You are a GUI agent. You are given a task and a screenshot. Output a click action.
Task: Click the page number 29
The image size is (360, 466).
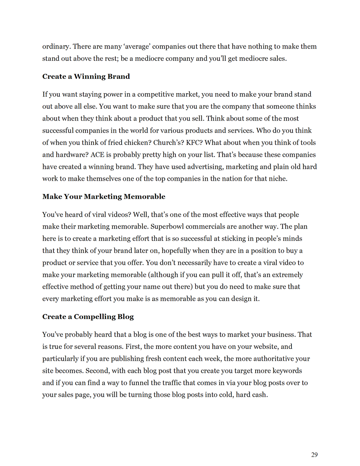(x=314, y=455)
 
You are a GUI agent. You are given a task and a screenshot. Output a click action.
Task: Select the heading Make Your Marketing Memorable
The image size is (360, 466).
(x=104, y=197)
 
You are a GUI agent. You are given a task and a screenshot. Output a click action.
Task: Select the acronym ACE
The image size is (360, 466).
(x=97, y=155)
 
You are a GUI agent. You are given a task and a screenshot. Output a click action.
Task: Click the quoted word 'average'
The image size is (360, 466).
(x=133, y=46)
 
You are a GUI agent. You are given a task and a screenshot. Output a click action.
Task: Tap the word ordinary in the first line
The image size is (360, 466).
(x=55, y=46)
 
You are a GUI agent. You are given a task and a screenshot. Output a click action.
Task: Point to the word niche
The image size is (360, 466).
(x=277, y=179)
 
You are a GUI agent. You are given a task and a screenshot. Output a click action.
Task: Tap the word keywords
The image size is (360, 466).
(x=287, y=371)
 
